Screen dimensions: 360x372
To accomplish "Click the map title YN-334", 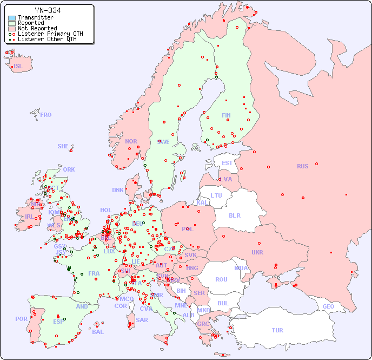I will [48, 10].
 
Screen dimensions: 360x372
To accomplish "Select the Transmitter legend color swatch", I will [12, 17].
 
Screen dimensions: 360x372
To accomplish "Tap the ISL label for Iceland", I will [18, 67].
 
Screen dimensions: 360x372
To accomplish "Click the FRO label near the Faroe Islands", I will [46, 115].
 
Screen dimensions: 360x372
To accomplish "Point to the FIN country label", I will [226, 115].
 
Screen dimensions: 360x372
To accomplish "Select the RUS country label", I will [302, 166].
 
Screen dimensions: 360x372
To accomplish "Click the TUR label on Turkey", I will [277, 330].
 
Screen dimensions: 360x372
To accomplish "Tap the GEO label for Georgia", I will [328, 306].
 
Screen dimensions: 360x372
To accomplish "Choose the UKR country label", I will [257, 252].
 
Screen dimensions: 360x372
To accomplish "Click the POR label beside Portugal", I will [21, 319].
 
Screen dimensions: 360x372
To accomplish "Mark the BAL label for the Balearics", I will [98, 332].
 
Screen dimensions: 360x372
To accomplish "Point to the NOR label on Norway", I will [131, 141].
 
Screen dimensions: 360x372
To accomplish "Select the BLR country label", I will [234, 215].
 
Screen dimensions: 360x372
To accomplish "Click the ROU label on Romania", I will [221, 279].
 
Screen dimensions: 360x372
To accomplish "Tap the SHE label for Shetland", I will [63, 146].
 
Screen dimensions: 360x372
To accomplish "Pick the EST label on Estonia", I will [227, 163].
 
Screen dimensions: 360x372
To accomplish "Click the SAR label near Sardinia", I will [142, 320].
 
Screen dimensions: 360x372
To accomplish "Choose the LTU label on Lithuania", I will [216, 195].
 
